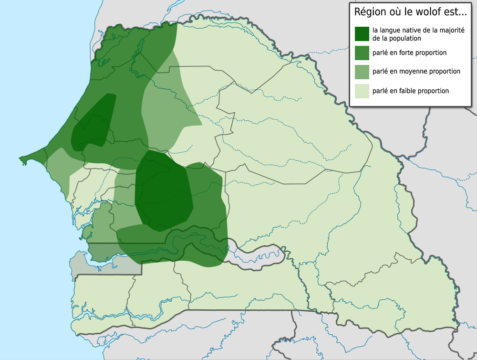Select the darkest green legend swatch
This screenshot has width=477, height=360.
tap(362, 34)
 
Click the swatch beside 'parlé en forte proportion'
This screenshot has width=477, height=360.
tap(362, 53)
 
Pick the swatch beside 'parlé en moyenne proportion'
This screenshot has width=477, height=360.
tap(362, 72)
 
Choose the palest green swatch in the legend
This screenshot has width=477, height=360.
tap(362, 91)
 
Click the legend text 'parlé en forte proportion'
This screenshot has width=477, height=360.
tap(409, 53)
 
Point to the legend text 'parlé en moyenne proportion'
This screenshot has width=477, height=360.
tap(416, 72)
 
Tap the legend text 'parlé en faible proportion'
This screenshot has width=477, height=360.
tap(410, 91)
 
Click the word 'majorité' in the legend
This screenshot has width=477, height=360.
tap(451, 31)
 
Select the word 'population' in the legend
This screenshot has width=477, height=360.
tap(404, 38)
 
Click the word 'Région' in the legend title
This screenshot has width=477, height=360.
tap(369, 12)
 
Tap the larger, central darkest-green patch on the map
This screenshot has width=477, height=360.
tap(162, 191)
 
